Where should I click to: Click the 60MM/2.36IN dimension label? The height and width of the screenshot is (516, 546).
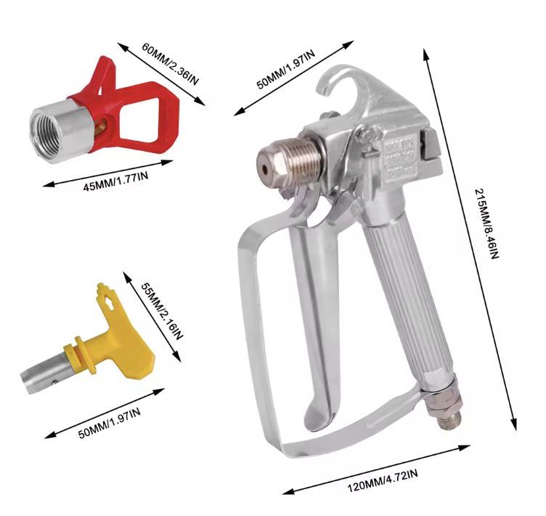171,63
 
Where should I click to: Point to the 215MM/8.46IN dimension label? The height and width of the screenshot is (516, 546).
487,224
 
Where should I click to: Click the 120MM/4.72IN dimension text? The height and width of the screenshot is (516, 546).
383,480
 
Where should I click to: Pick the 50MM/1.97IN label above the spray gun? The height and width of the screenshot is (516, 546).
286,69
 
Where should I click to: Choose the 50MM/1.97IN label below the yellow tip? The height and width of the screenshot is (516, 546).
110,423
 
